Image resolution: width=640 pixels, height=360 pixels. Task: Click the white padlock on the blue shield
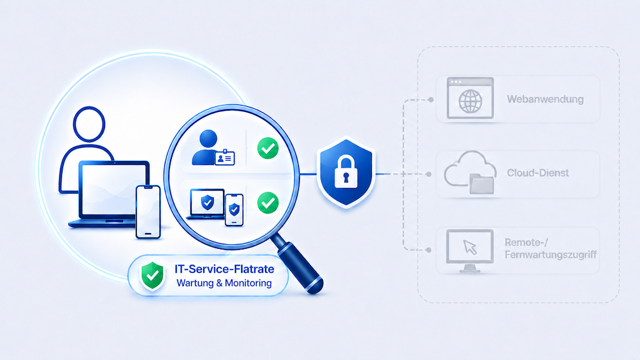[x=346, y=172]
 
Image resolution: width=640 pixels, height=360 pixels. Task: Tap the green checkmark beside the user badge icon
[x=267, y=148]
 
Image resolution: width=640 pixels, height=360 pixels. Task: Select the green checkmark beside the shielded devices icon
[x=267, y=203]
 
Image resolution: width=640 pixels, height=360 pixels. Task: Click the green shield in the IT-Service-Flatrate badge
[x=152, y=276]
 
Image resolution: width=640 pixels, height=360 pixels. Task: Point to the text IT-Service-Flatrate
[x=224, y=269]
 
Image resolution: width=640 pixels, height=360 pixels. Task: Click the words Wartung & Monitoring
[x=224, y=283]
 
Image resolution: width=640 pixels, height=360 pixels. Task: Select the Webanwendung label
[x=545, y=99]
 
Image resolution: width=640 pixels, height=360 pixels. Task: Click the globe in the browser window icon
[x=470, y=101]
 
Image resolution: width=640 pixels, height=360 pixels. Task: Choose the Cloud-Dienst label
[x=537, y=173]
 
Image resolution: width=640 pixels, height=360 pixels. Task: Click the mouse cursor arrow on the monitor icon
[x=470, y=247]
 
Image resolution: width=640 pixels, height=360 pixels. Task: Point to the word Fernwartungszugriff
[x=551, y=255]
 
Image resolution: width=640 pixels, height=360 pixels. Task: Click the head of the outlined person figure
[x=89, y=124]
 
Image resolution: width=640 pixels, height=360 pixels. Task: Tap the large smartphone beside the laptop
[x=148, y=212]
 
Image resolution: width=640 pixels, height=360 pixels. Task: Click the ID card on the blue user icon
[x=225, y=158]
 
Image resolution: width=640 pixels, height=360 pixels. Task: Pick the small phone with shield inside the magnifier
[x=234, y=210]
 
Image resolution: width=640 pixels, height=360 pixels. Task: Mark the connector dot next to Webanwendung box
[x=431, y=99]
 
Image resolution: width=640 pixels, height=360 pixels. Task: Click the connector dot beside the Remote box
[x=429, y=250]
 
